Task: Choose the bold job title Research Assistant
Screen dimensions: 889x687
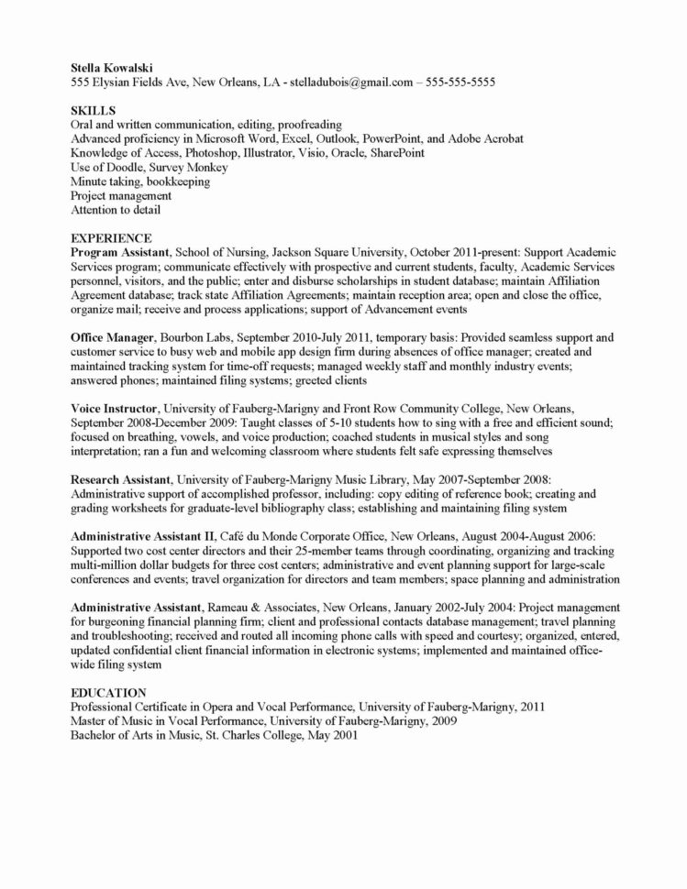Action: point(120,479)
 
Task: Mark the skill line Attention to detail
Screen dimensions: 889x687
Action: point(116,209)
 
